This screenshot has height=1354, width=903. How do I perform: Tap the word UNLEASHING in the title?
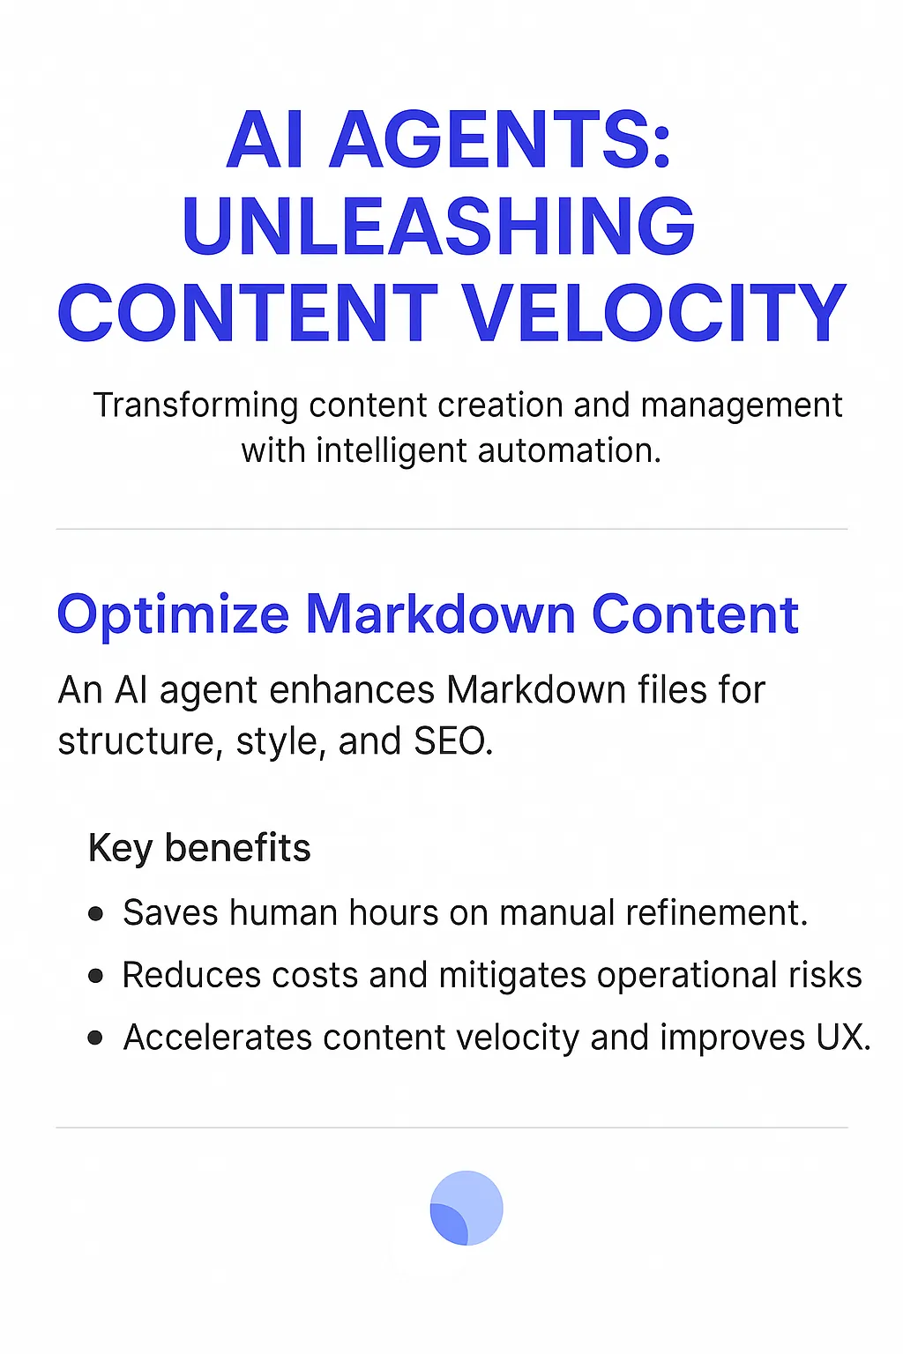[x=438, y=226]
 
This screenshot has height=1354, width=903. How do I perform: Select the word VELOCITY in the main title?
[x=654, y=313]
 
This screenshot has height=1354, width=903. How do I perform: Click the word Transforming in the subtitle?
[x=196, y=405]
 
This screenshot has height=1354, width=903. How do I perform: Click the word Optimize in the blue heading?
[x=173, y=614]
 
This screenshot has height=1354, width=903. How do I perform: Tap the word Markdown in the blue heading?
[x=440, y=614]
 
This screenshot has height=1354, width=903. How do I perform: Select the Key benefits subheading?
[x=199, y=848]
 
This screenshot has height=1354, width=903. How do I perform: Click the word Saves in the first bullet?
[x=170, y=913]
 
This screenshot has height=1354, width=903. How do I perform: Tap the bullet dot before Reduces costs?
[x=96, y=976]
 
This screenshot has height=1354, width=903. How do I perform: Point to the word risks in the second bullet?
[x=825, y=976]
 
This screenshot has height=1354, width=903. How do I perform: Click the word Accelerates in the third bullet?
[x=217, y=1038]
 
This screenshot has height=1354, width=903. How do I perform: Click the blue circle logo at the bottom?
[x=466, y=1208]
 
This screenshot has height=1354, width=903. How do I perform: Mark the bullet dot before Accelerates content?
[x=96, y=1038]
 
